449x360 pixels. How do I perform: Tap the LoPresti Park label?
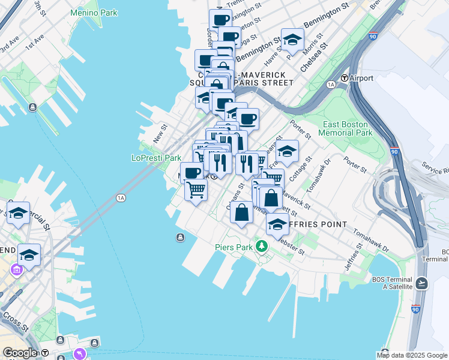point(156,158)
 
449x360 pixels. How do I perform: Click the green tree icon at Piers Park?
point(261,245)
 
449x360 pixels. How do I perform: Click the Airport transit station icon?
point(345,78)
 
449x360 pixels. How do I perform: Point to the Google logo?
point(20,353)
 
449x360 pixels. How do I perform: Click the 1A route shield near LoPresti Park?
point(121,197)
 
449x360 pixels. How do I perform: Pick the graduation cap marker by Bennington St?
point(292,40)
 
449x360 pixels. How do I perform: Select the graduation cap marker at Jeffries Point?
point(277,224)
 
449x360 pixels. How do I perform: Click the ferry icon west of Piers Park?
point(180,238)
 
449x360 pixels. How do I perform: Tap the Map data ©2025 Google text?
point(412,355)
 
